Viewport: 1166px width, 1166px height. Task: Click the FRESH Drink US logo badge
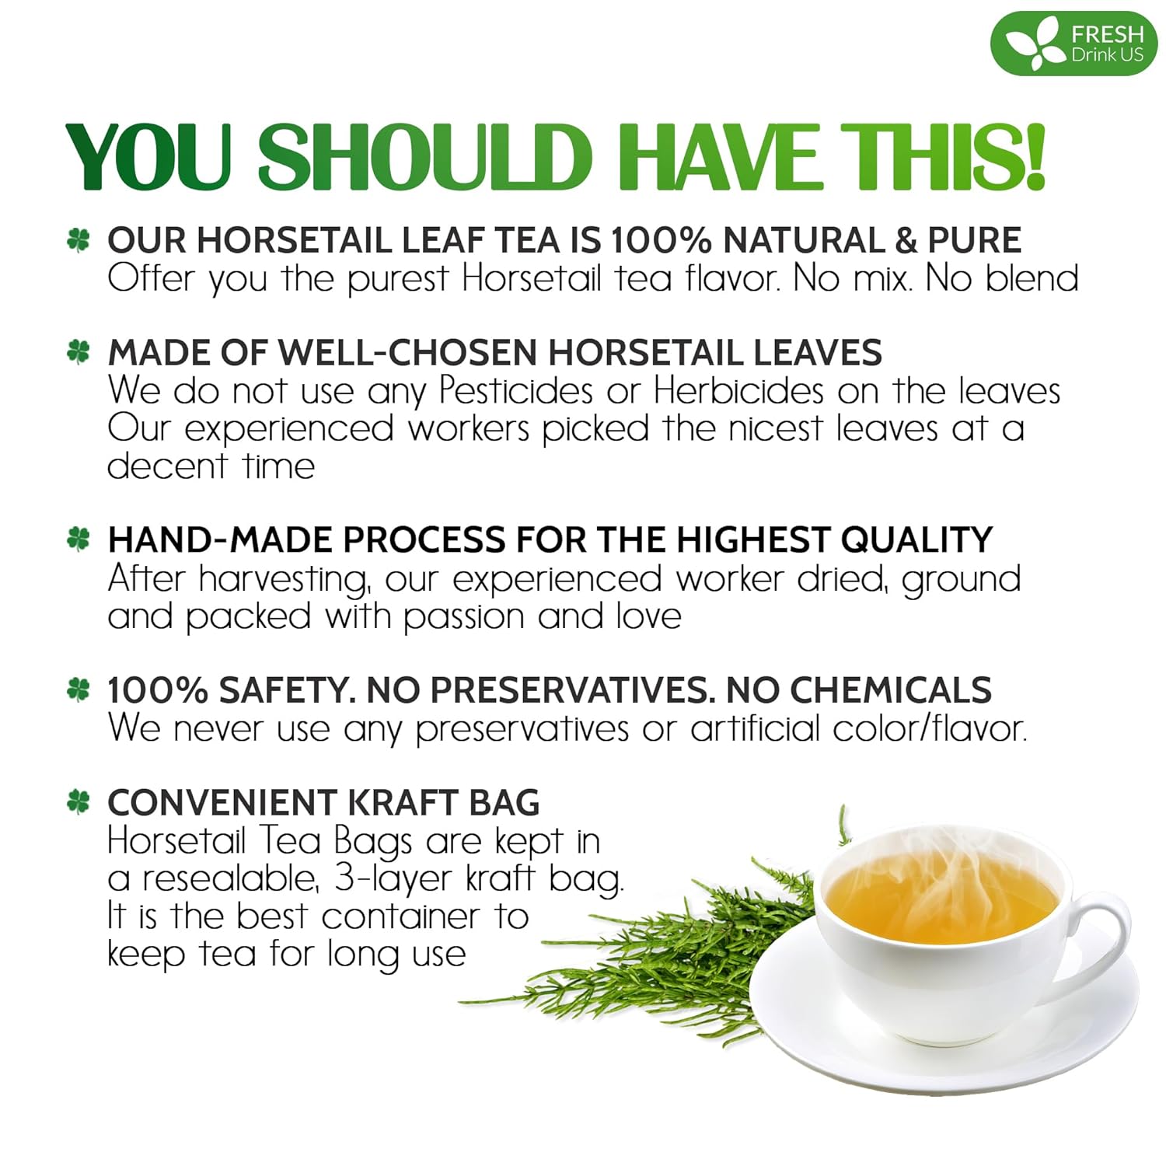pyautogui.click(x=1073, y=44)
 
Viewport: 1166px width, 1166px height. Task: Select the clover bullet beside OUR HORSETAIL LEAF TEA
pyautogui.click(x=79, y=239)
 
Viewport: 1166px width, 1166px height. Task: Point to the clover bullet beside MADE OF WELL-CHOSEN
pyautogui.click(x=79, y=352)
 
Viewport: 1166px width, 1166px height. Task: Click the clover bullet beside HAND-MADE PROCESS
pyautogui.click(x=79, y=539)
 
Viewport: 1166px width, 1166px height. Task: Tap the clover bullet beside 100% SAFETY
pyautogui.click(x=79, y=689)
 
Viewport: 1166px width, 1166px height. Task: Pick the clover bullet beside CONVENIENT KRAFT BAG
pyautogui.click(x=79, y=801)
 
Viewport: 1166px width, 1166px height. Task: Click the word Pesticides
pyautogui.click(x=516, y=390)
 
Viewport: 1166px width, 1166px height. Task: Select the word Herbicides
pyautogui.click(x=738, y=390)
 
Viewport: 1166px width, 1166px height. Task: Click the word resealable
pyautogui.click(x=230, y=879)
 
